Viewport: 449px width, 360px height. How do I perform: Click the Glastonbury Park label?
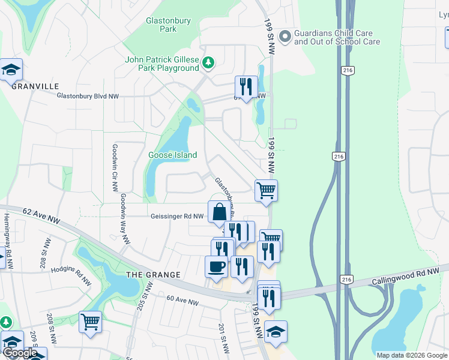click(x=168, y=25)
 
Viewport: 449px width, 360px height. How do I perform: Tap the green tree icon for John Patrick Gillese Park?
click(x=208, y=62)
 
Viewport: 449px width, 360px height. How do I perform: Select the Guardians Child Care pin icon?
click(x=285, y=37)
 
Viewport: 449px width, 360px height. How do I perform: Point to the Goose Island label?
click(x=172, y=155)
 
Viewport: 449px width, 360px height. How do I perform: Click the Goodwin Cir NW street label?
click(x=114, y=168)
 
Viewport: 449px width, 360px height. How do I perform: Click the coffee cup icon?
click(x=216, y=266)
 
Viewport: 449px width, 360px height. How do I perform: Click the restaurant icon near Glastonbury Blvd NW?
click(x=246, y=86)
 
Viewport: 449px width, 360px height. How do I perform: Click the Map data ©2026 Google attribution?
click(x=412, y=355)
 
